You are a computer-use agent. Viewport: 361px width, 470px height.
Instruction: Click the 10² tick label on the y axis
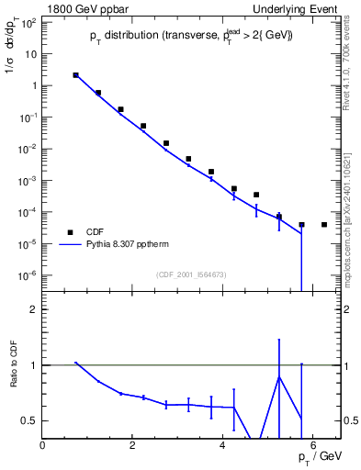[29, 22]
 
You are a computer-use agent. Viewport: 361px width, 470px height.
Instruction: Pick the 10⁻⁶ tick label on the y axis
[29, 275]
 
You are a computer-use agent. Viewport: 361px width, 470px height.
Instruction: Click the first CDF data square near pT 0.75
[75, 75]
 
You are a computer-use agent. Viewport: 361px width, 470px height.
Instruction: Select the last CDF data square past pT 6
[324, 225]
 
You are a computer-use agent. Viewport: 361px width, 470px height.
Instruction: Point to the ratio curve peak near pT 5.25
[279, 376]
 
